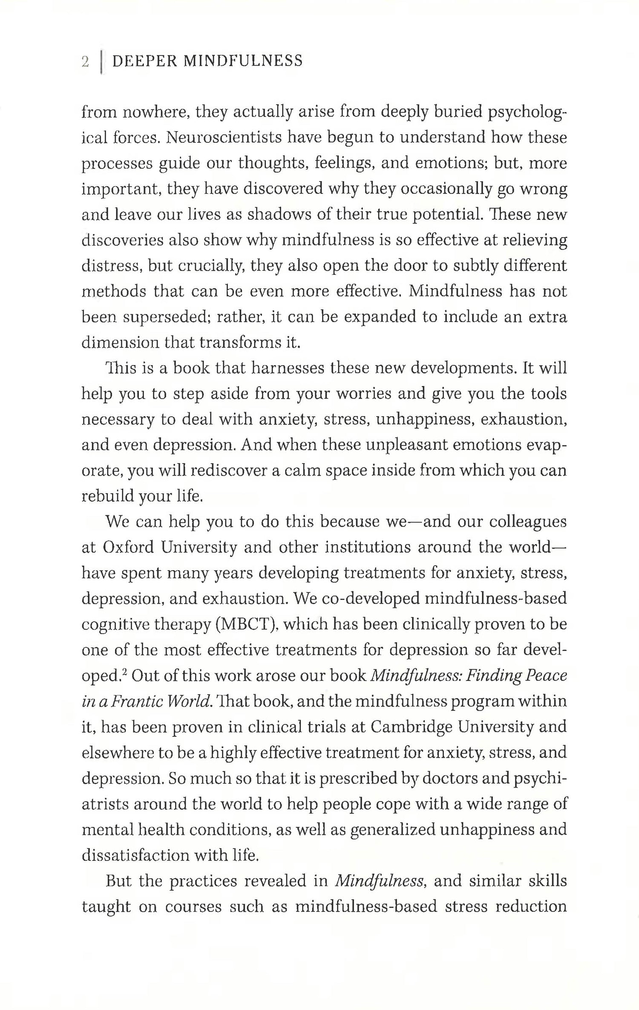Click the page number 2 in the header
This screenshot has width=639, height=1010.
click(x=85, y=62)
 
